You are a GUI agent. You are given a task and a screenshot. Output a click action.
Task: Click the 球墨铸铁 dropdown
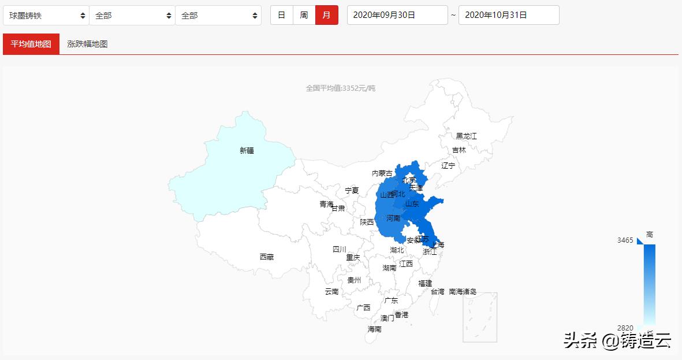tap(46, 16)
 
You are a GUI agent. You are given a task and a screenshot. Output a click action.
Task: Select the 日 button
tap(281, 15)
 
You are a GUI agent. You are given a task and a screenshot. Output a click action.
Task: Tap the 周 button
tap(304, 15)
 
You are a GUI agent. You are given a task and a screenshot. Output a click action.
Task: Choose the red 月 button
tap(326, 15)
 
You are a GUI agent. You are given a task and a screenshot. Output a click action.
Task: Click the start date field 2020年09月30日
tap(397, 15)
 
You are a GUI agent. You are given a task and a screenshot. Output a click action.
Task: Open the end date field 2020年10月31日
tap(509, 15)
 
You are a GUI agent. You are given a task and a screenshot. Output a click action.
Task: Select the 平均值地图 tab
tap(31, 44)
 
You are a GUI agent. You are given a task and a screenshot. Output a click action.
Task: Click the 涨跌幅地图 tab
tap(87, 44)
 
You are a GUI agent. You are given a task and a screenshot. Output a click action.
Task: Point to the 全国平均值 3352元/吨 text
tap(341, 88)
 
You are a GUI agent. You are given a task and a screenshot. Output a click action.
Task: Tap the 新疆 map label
tap(247, 151)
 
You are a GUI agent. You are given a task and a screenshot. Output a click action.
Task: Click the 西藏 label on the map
tap(266, 257)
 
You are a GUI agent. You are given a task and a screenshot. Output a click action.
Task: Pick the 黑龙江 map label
tap(466, 136)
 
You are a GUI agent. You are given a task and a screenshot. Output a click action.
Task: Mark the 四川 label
tap(339, 250)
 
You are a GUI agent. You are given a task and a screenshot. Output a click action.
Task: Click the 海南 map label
tap(374, 329)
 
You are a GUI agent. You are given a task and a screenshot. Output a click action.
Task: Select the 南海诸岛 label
tap(463, 292)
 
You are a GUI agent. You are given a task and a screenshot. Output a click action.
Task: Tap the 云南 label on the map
tap(331, 292)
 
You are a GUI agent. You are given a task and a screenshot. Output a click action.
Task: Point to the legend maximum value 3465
tap(625, 240)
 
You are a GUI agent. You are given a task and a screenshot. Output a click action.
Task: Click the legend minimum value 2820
tap(625, 328)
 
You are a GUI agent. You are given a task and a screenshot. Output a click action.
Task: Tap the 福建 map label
tap(425, 283)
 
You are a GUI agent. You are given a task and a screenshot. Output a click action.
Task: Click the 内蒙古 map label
tap(382, 173)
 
